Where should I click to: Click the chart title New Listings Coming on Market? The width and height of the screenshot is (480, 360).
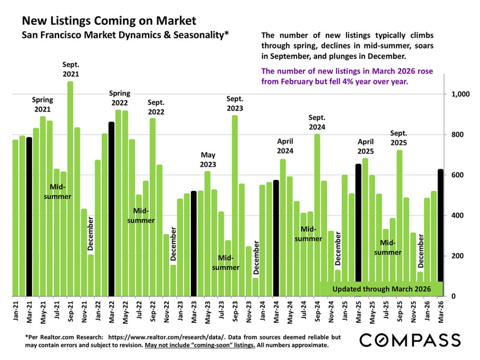[x=109, y=21]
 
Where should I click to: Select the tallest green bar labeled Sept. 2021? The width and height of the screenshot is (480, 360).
[x=70, y=187]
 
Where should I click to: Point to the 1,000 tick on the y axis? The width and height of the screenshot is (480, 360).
[x=460, y=94]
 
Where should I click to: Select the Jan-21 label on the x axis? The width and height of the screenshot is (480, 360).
[x=15, y=310]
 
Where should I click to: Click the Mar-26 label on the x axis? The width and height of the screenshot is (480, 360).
[x=441, y=310]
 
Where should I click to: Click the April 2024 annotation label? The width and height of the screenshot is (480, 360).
[x=285, y=146]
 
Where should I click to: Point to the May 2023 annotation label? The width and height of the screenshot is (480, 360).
[x=208, y=159]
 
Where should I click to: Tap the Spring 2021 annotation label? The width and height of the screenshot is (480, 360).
[x=42, y=105]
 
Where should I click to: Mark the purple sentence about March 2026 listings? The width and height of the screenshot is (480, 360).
[x=347, y=76]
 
